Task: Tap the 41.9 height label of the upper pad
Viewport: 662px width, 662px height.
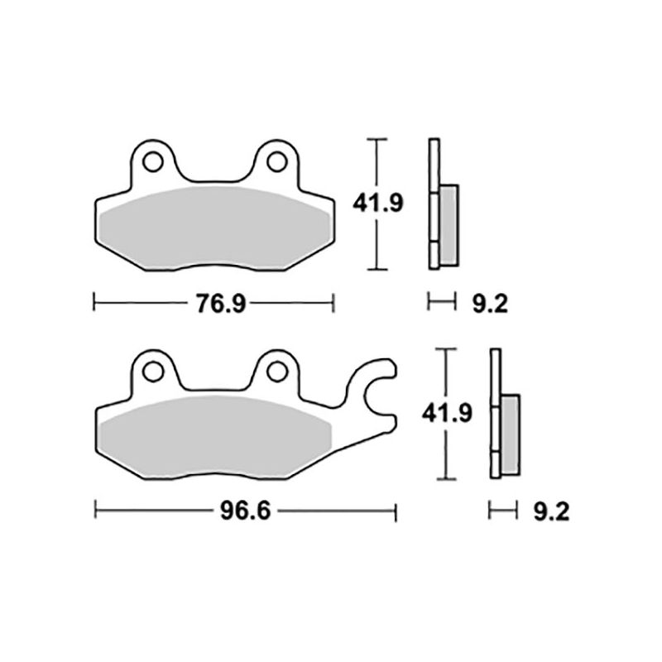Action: point(377,203)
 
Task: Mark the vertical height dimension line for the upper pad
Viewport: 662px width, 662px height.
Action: point(377,248)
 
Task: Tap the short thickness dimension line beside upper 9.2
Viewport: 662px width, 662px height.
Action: point(441,303)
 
